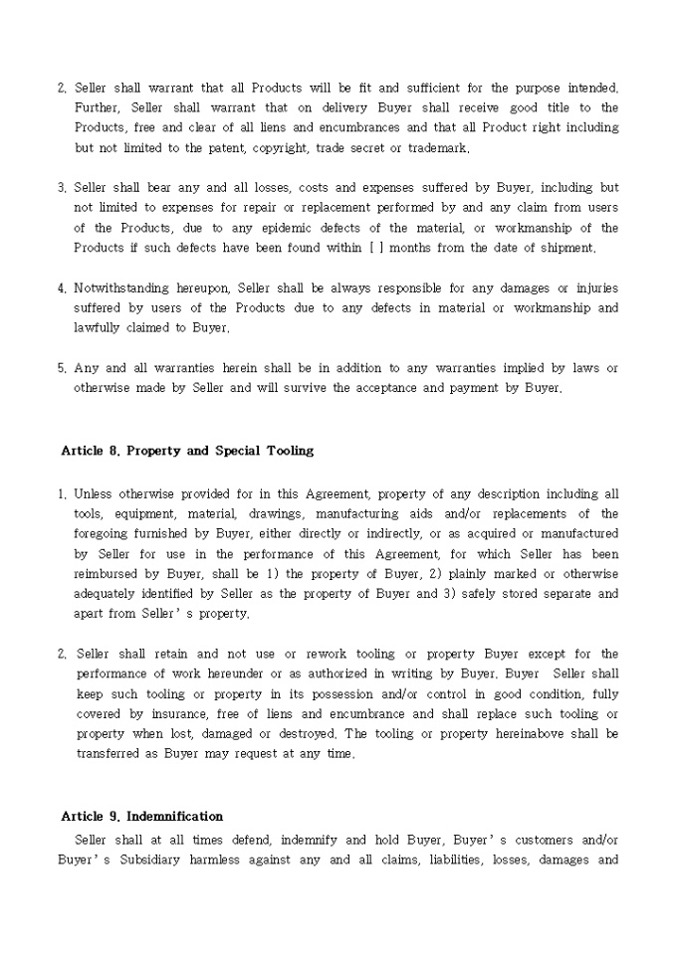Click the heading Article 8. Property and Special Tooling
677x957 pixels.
[187, 451]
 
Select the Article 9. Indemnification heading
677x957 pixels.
[141, 817]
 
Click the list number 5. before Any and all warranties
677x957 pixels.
[62, 368]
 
